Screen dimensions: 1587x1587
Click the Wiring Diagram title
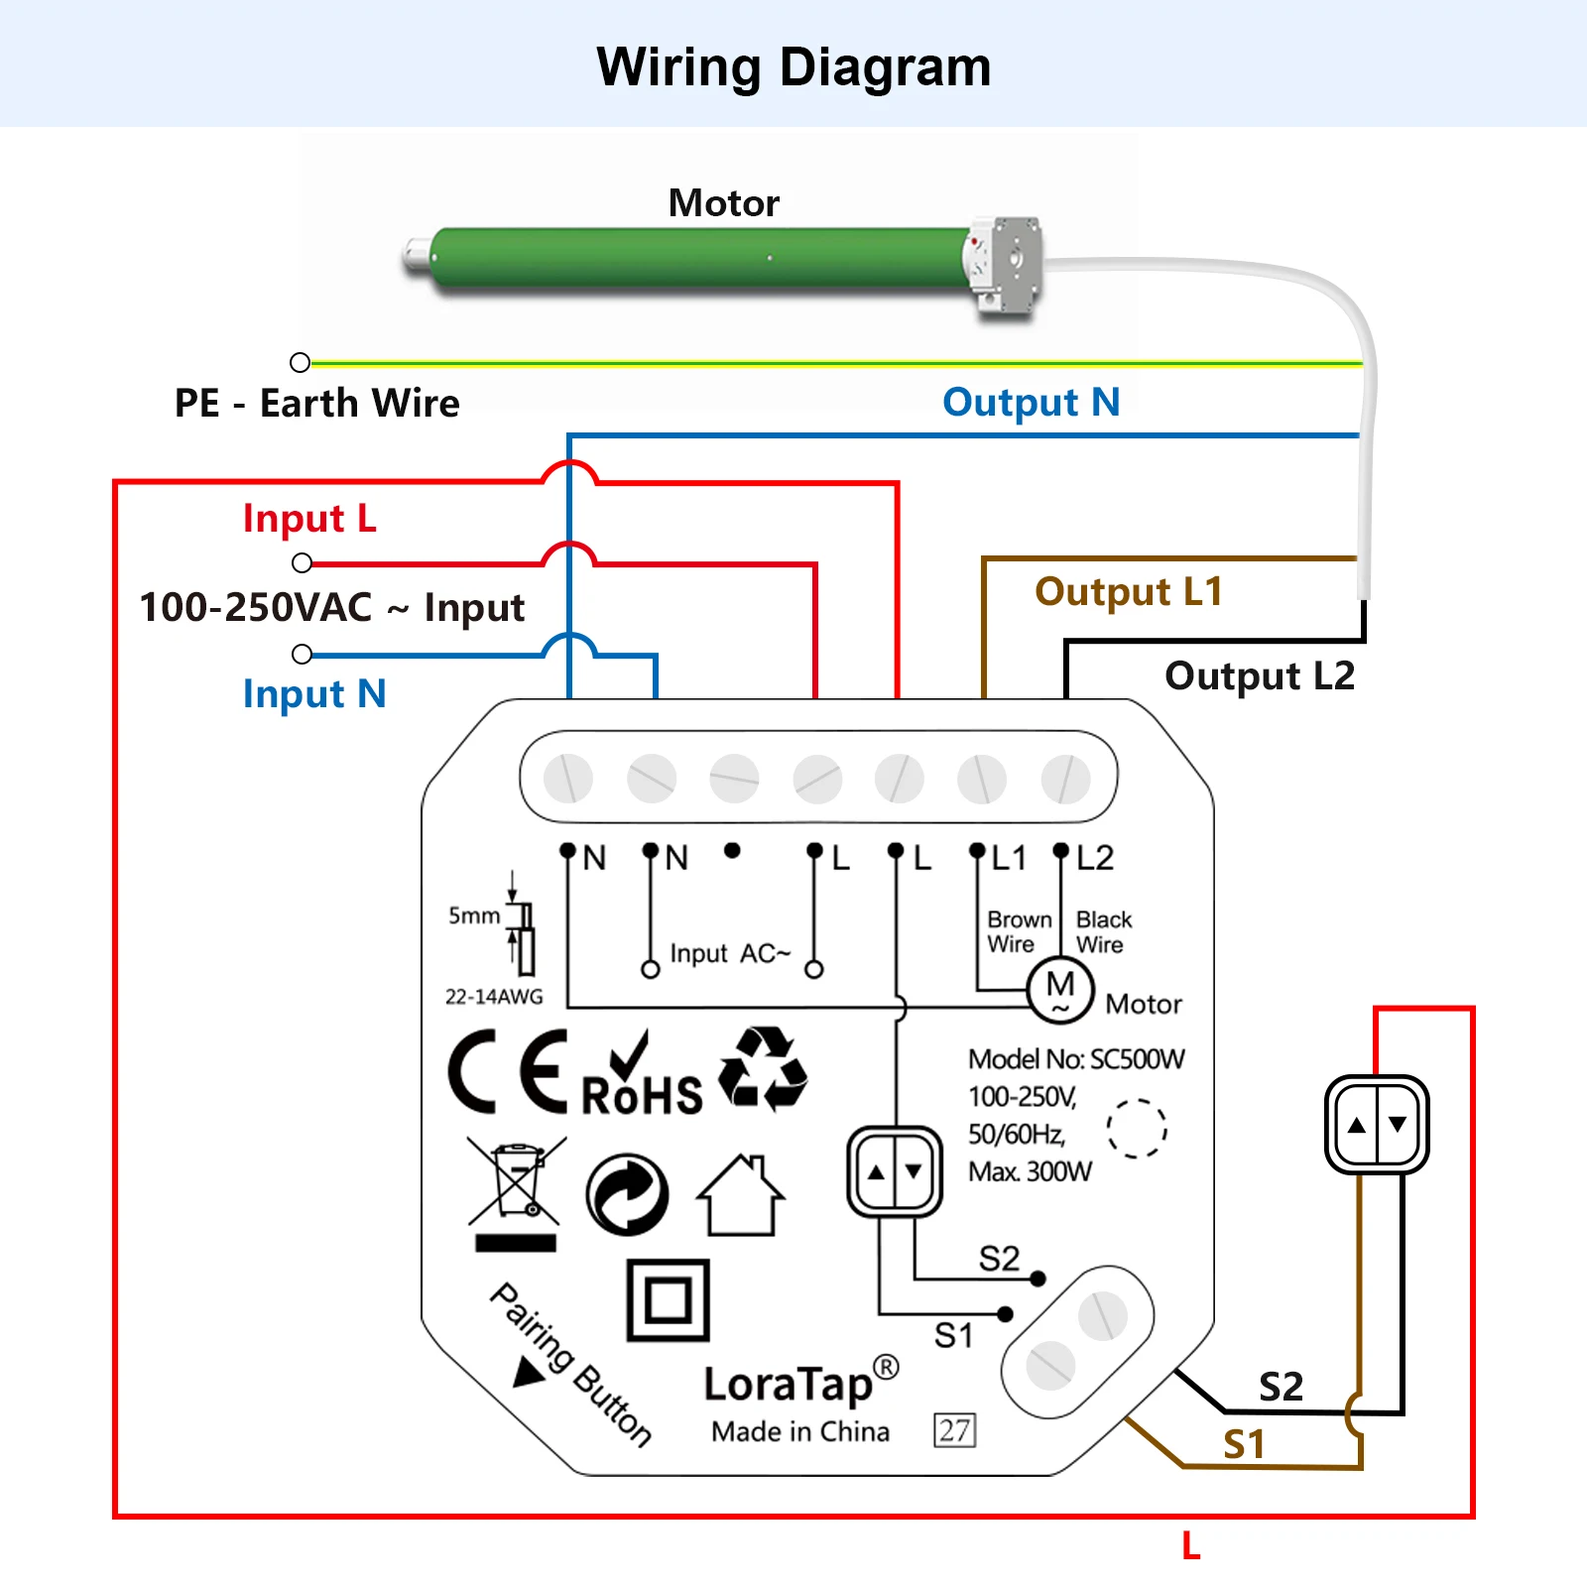[x=793, y=67]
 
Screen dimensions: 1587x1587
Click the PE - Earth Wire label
[x=317, y=404]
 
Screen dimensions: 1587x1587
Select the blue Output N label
[x=1031, y=403]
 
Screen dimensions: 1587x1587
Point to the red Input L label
[x=309, y=519]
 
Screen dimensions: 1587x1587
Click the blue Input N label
[x=314, y=694]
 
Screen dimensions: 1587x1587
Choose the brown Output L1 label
[x=1129, y=592]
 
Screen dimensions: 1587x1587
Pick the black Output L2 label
[x=1260, y=676]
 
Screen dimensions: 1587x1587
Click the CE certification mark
[x=508, y=1071]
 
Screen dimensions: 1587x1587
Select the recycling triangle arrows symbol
[x=762, y=1069]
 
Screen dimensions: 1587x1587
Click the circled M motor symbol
[x=1060, y=990]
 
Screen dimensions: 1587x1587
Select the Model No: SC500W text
[x=1076, y=1059]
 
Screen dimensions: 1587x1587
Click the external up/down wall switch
[x=1377, y=1125]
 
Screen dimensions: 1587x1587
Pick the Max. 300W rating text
[x=1030, y=1172]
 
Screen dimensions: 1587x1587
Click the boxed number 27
[x=954, y=1430]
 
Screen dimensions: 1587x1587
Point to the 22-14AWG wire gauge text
[x=494, y=997]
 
